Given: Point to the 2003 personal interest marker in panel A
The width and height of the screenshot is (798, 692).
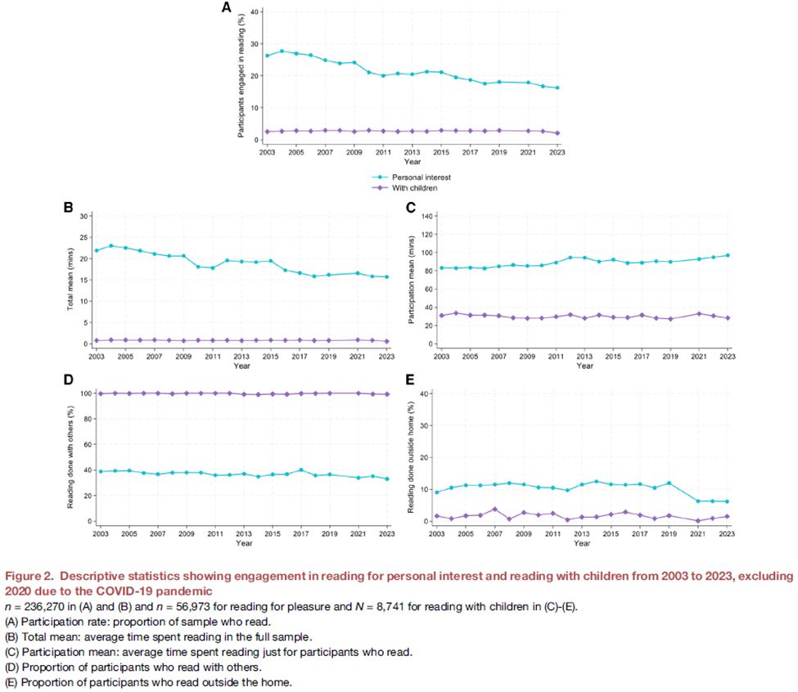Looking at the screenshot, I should coord(267,56).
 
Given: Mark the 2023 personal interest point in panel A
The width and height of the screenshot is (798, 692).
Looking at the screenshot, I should coord(558,88).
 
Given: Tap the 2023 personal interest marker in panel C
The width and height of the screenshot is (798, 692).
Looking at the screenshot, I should coord(728,255).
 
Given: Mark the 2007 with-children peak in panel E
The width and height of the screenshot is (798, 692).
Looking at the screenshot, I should coord(495,509).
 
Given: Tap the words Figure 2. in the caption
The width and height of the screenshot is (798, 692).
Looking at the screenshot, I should coord(30,577).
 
